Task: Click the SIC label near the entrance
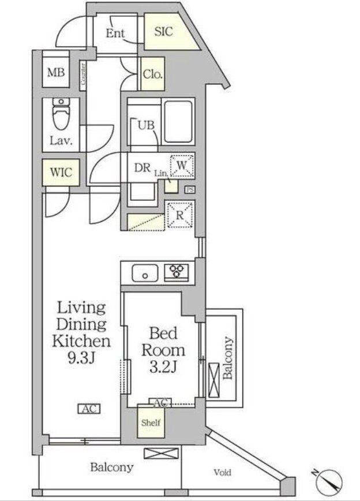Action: coord(163,31)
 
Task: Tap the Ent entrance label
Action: coord(115,33)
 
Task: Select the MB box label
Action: coord(56,72)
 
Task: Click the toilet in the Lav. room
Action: coord(61,114)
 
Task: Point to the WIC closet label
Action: coord(61,172)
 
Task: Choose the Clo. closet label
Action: coord(153,74)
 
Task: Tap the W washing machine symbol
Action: coord(182,166)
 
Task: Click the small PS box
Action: coord(190,190)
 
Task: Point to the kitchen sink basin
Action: coord(145,273)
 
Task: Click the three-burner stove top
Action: coord(177,272)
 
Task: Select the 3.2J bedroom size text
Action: coord(163,367)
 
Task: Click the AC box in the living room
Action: coord(89,409)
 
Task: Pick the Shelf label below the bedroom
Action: coord(151,423)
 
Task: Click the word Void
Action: coord(222,472)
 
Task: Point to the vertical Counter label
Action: coord(83,74)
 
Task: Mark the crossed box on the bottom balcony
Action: coord(161,454)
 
